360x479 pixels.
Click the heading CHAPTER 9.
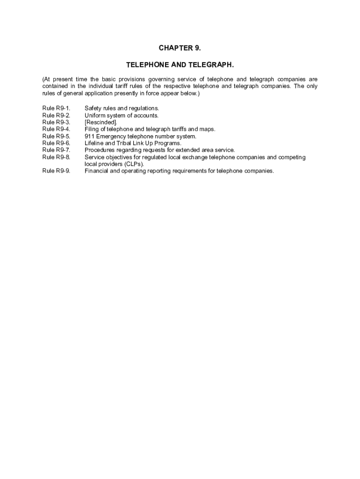tap(180, 48)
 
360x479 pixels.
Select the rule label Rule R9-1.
tap(56, 109)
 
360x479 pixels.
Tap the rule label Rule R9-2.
tap(56, 116)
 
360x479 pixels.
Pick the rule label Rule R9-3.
tap(56, 123)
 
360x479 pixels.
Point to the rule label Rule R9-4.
tap(56, 129)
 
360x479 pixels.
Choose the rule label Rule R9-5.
tap(56, 136)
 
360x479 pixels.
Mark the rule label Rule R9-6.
tap(56, 143)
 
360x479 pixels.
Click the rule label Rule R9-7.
tap(56, 150)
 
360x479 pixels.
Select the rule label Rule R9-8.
tap(56, 157)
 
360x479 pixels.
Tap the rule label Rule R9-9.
tap(56, 171)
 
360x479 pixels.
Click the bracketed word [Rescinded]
tap(101, 123)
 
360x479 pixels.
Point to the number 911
tap(89, 136)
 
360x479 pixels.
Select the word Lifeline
tap(94, 143)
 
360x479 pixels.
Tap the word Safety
tap(93, 109)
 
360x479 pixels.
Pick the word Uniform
tap(94, 116)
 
